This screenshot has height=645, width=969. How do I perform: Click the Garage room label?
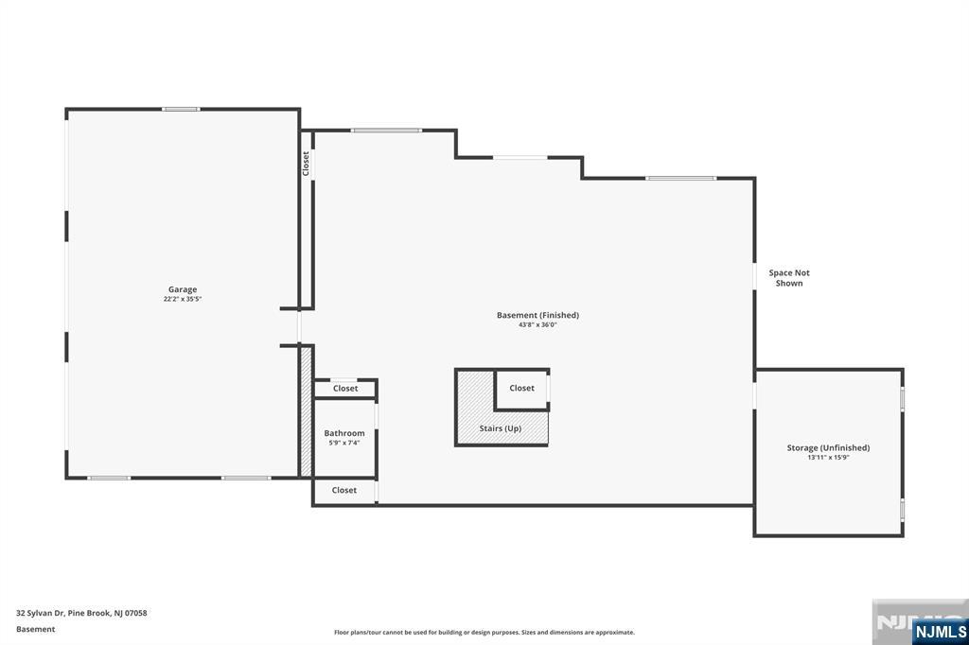[x=183, y=289]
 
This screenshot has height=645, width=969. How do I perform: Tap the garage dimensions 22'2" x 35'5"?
[x=183, y=300]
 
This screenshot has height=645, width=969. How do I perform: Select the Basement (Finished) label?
[x=537, y=315]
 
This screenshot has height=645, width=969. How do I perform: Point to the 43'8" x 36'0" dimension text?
[x=537, y=325]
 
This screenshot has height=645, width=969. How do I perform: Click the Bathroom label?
[x=344, y=433]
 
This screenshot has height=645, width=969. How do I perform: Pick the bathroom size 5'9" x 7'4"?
[x=344, y=443]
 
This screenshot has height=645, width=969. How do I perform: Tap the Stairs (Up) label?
[x=500, y=428]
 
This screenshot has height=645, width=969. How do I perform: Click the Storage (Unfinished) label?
[x=828, y=447]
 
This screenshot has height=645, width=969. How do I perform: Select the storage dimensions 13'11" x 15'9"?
[x=828, y=458]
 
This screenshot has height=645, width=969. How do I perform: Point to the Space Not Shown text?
[x=789, y=278]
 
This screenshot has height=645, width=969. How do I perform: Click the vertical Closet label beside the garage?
[x=306, y=164]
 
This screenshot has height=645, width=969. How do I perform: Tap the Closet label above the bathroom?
[x=345, y=389]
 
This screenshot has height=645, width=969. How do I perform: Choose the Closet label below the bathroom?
[x=344, y=490]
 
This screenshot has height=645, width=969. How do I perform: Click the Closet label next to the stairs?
[x=521, y=388]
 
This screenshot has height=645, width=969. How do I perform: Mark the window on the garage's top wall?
[x=180, y=110]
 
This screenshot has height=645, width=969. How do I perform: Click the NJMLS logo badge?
[x=940, y=631]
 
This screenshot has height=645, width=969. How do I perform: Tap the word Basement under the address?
[x=36, y=629]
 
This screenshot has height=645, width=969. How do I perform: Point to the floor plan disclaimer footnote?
[x=484, y=633]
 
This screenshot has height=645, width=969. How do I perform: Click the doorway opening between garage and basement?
[x=299, y=327]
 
